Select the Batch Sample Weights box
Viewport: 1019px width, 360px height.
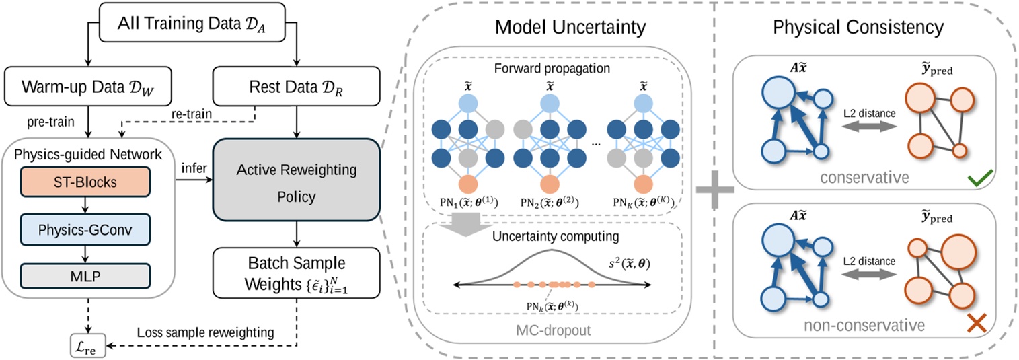pos(295,268)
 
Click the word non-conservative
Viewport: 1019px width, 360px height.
pos(855,324)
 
